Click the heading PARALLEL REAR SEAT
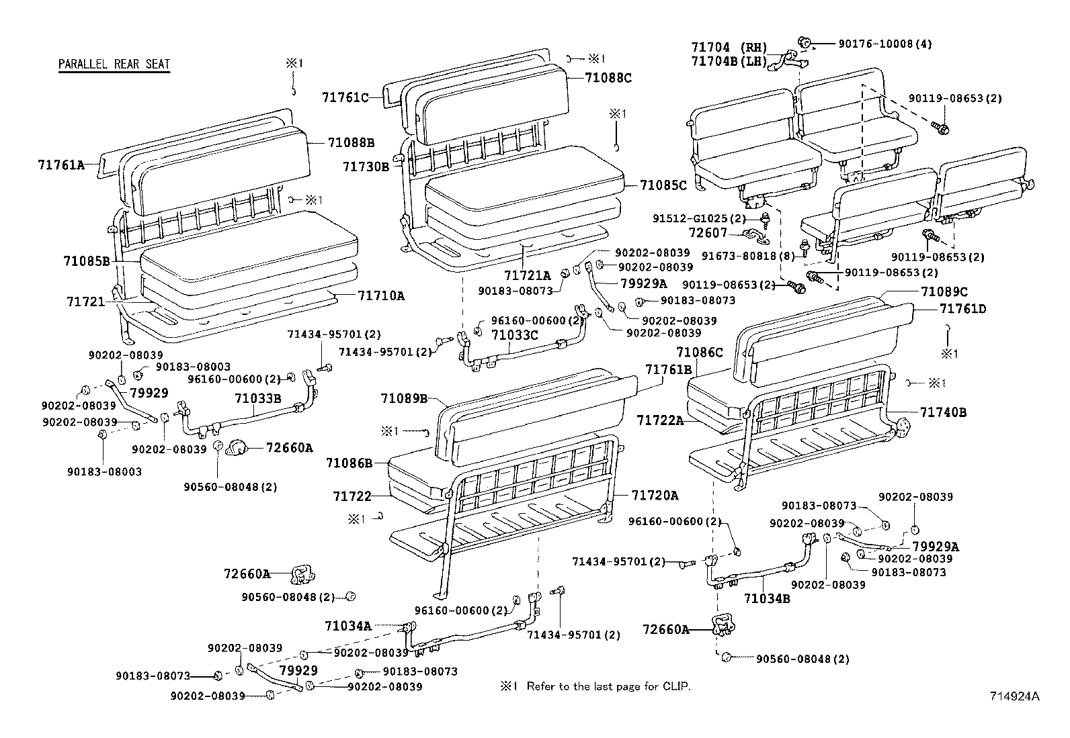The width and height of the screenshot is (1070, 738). (114, 64)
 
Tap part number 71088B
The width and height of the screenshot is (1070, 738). (351, 142)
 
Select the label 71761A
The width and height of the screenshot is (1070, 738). (61, 164)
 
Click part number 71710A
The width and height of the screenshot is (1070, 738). (381, 295)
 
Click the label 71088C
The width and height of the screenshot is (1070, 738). (608, 78)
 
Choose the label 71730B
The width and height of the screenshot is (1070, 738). (366, 166)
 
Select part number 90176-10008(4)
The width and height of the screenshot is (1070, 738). (885, 44)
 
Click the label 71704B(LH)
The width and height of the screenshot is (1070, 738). (729, 62)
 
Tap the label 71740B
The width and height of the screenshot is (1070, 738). (943, 412)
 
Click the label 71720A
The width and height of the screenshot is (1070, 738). (655, 496)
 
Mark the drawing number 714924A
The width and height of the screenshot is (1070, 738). (1014, 696)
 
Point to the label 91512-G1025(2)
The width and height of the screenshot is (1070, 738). (699, 219)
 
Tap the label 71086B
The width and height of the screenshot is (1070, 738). (349, 463)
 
